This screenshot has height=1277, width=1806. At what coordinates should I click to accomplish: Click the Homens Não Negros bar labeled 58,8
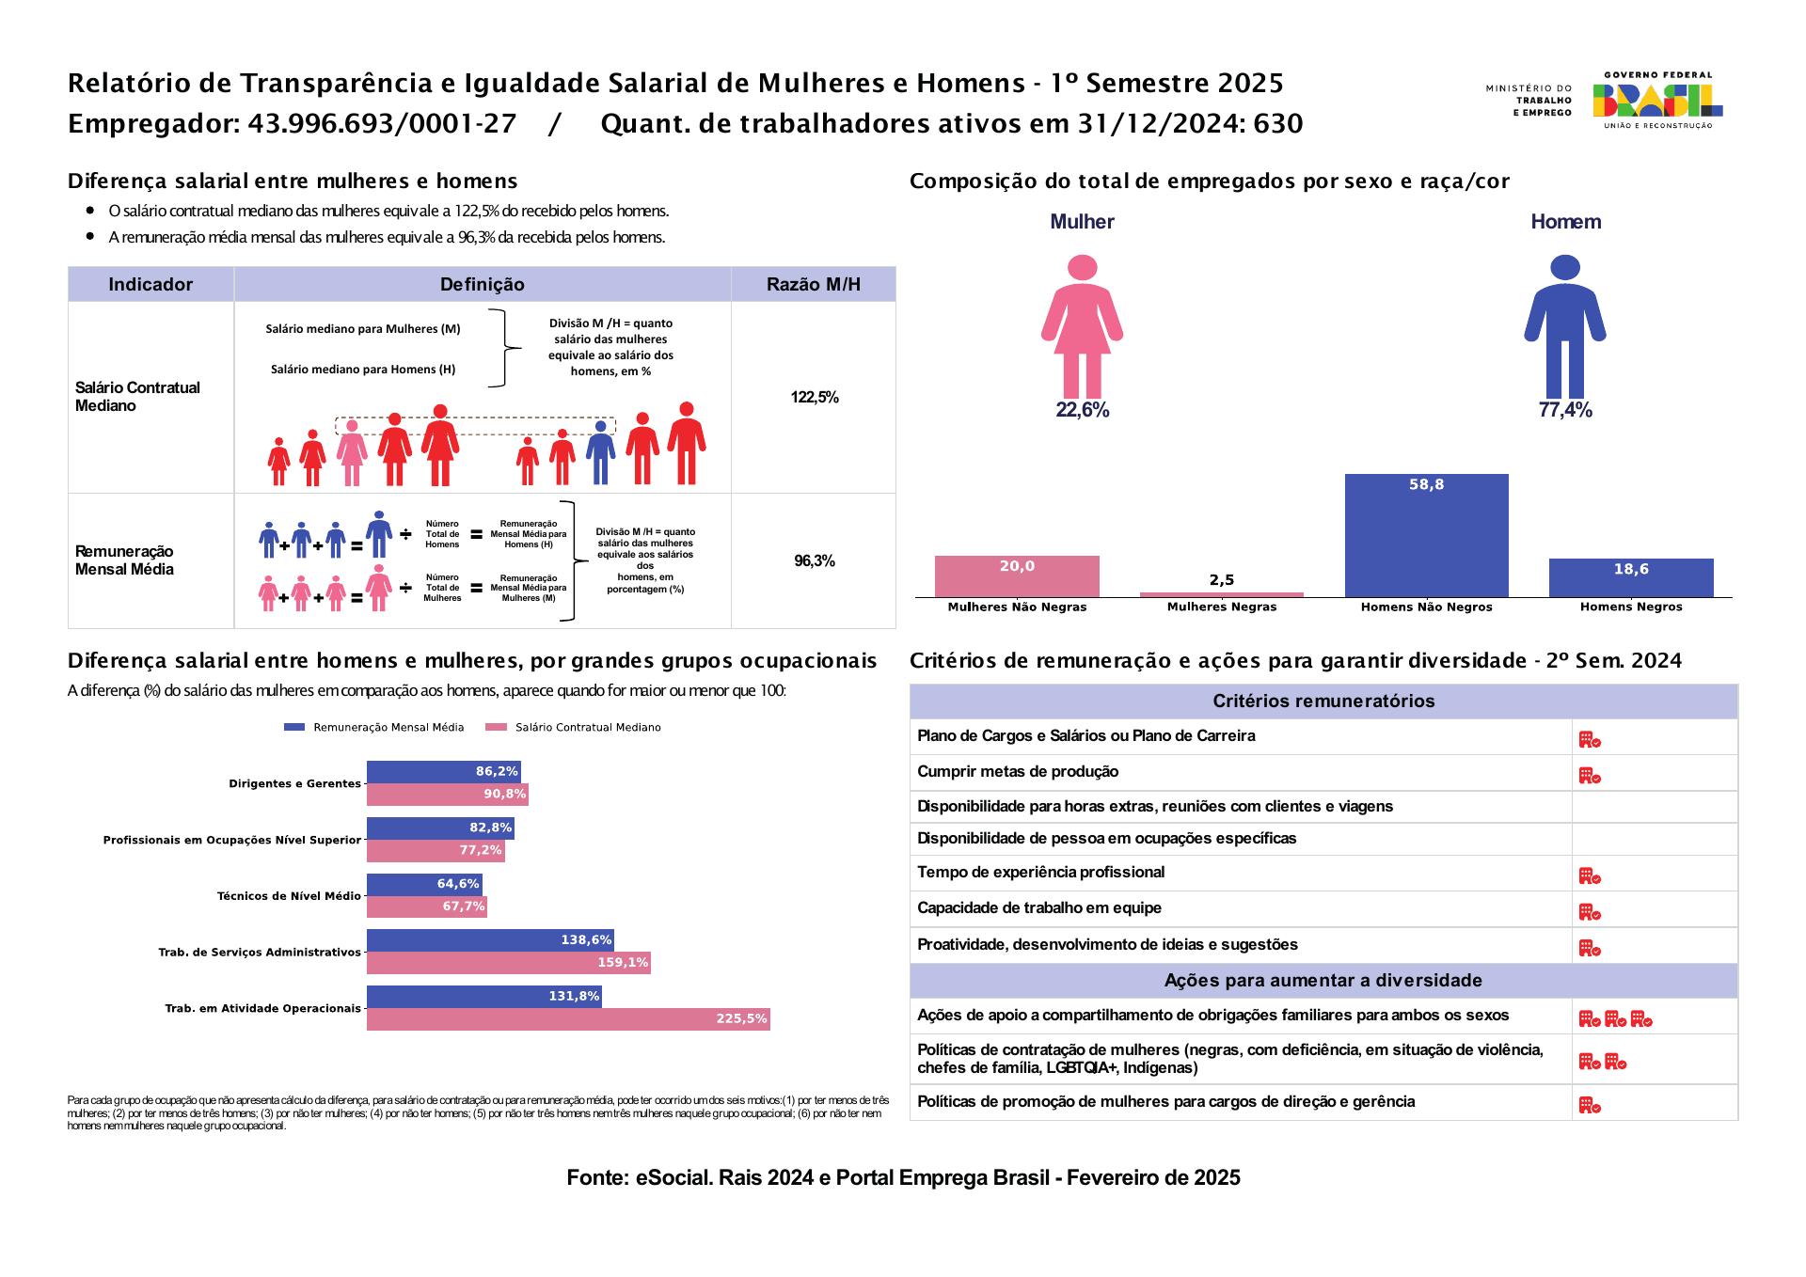1426,535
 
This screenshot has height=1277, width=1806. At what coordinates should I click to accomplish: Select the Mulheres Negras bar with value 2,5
1221,594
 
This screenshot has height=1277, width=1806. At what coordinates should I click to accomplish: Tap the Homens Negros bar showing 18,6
1630,577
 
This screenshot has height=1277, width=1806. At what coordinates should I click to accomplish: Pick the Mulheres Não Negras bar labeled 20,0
1017,576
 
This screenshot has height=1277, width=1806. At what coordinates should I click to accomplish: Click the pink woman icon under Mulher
1082,325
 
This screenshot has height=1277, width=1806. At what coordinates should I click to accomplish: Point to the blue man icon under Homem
1564,325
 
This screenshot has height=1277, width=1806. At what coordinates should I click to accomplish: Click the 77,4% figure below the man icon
1564,410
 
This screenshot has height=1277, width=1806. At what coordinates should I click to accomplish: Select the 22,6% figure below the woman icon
1082,410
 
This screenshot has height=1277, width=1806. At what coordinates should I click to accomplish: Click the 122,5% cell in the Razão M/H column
814,398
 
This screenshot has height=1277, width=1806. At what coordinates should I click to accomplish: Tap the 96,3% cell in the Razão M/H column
814,561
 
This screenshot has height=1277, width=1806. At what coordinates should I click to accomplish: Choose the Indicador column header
150,285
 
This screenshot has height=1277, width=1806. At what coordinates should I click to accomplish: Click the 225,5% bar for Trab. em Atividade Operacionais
568,1019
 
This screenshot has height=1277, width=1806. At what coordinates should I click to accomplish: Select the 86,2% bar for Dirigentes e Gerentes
443,772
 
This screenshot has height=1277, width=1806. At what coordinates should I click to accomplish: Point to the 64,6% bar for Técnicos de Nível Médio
423,885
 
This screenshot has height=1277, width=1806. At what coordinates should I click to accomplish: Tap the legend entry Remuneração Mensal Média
376,728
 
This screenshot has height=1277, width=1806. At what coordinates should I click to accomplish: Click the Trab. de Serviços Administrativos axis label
260,953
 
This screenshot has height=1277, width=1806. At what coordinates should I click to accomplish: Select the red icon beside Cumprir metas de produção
1589,776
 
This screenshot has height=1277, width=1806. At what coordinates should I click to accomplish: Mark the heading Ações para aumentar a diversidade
1323,981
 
